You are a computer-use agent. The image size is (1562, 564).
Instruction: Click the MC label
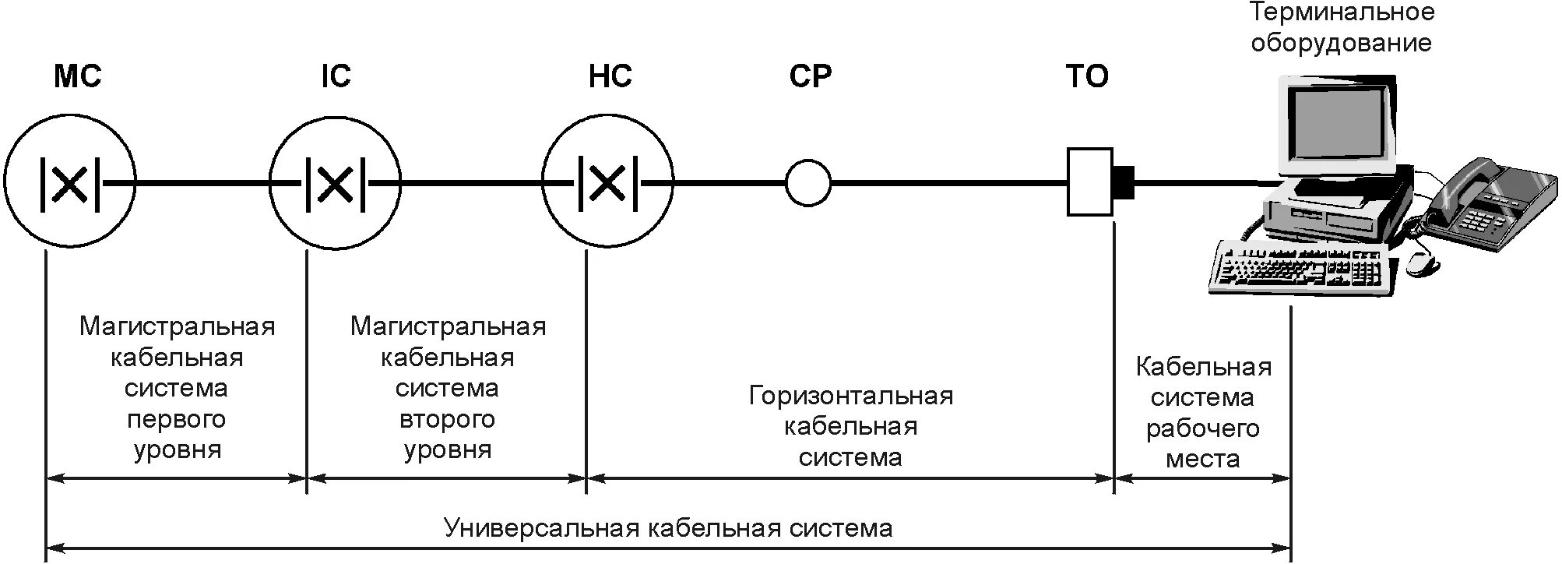pyautogui.click(x=77, y=76)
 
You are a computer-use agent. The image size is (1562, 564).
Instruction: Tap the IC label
pyautogui.click(x=336, y=76)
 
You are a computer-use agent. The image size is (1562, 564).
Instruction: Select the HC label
pyautogui.click(x=610, y=76)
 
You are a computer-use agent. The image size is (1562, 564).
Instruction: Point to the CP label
pyautogui.click(x=810, y=76)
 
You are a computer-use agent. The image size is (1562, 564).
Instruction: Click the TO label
pyautogui.click(x=1086, y=76)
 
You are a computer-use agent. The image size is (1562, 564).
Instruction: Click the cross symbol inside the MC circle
pyautogui.click(x=70, y=184)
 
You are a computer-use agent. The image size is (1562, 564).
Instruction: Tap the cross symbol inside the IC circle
pyautogui.click(x=336, y=184)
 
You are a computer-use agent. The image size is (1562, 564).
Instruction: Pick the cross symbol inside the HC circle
pyautogui.click(x=607, y=184)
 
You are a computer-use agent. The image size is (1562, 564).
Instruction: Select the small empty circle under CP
pyautogui.click(x=808, y=184)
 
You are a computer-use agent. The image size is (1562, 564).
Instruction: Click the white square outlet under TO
pyautogui.click(x=1089, y=182)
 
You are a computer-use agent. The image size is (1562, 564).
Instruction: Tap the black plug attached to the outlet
pyautogui.click(x=1124, y=182)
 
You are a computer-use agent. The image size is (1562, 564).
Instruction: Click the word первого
pyautogui.click(x=176, y=420)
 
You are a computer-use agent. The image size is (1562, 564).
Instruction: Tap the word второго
pyautogui.click(x=447, y=420)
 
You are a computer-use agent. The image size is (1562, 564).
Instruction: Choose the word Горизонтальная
pyautogui.click(x=850, y=396)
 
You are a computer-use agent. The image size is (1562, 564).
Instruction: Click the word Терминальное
pyautogui.click(x=1342, y=12)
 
